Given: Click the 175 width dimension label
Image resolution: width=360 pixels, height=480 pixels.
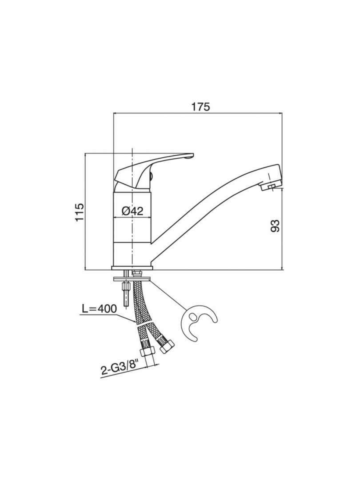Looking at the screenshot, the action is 200,107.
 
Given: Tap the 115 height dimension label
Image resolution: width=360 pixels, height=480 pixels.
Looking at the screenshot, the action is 79,212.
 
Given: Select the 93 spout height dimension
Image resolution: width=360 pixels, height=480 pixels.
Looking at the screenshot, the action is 276,226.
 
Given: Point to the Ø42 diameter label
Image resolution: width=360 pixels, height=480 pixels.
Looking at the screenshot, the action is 132,211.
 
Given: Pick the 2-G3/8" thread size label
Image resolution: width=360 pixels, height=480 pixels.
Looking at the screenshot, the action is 120,370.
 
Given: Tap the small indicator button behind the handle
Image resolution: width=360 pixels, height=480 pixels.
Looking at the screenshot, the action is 150,176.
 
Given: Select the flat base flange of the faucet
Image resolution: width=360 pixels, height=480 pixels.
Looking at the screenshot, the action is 132,268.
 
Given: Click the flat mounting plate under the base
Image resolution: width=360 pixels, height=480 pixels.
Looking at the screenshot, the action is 132,279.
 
